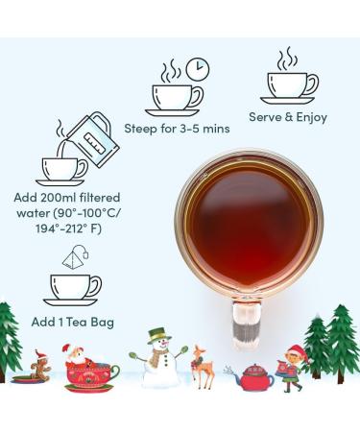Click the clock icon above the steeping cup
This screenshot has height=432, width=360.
(198, 69)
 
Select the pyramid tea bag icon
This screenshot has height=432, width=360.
(76, 257)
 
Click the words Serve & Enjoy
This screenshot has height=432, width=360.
(288, 117)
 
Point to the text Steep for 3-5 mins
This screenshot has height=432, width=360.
(177, 129)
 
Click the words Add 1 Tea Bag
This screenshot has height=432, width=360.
(73, 322)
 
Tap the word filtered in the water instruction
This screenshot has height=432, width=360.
(100, 198)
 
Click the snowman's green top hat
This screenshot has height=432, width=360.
(159, 335)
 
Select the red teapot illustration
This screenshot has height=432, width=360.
(252, 377)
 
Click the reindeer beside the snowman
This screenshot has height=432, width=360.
(203, 367)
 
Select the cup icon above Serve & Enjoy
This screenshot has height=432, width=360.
(290, 88)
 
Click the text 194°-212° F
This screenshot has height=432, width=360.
(68, 229)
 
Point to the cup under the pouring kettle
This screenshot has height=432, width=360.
(62, 171)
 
